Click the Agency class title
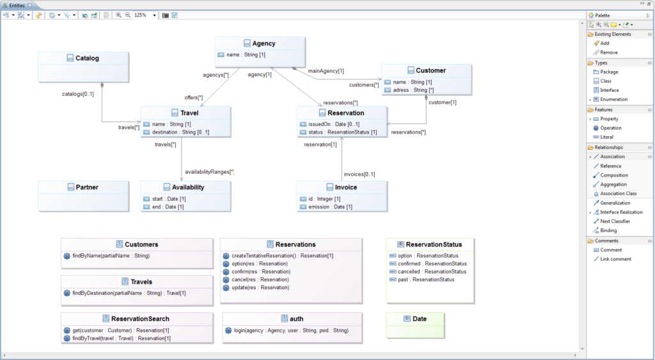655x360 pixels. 264,43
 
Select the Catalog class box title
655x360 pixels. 87,58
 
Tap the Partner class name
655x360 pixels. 87,187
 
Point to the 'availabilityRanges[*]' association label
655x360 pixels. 209,172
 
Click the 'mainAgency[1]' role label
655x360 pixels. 326,71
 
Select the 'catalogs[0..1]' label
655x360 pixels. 77,94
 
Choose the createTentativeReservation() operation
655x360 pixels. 282,256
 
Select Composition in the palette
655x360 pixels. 613,175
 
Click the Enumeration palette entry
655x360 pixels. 613,100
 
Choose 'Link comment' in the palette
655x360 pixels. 615,259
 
